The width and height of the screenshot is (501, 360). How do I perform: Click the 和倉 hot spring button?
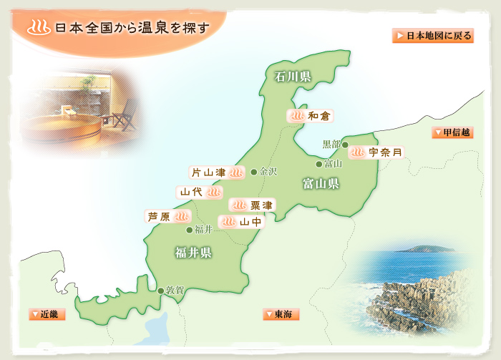(x=310, y=115)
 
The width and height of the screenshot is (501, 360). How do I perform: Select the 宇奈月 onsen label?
(x=376, y=152)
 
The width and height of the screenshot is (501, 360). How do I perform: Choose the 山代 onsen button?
(x=200, y=193)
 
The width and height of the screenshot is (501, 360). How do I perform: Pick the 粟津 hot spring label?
(x=251, y=205)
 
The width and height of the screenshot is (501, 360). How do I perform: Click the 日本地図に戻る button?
(x=432, y=36)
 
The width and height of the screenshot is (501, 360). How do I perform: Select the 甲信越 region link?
(x=452, y=132)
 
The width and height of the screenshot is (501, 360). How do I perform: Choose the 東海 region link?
(x=281, y=313)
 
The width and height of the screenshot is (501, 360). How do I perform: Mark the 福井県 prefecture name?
(x=193, y=252)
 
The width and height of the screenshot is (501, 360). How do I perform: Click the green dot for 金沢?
(x=254, y=172)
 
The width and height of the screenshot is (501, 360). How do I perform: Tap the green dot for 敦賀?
(x=160, y=291)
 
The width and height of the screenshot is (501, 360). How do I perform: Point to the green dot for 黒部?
(x=345, y=145)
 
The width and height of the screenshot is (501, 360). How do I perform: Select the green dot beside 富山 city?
(x=319, y=164)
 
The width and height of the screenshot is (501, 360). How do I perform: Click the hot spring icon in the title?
(x=36, y=29)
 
